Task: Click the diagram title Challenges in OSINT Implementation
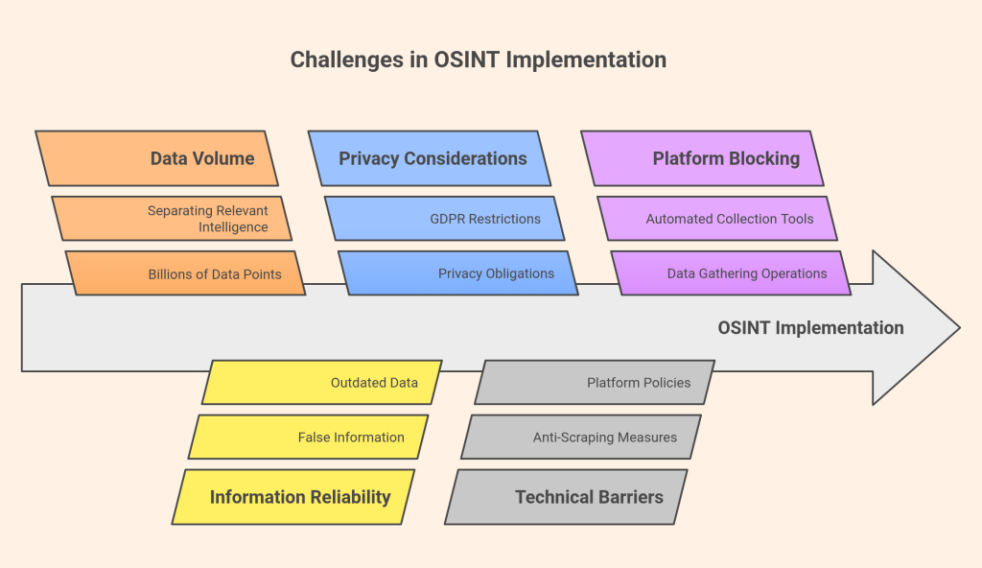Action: [x=478, y=59]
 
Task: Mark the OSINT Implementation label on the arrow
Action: [x=810, y=327]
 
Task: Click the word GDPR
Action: [x=448, y=219]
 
